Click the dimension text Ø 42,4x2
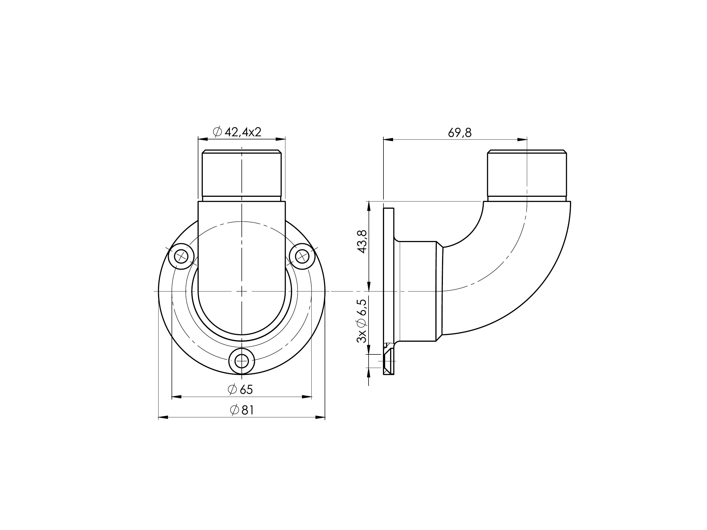click(x=237, y=132)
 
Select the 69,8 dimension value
click(x=460, y=133)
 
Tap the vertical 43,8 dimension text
click(x=362, y=242)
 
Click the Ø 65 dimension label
click(x=240, y=390)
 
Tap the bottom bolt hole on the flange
click(x=242, y=361)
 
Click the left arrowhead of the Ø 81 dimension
click(x=163, y=417)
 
